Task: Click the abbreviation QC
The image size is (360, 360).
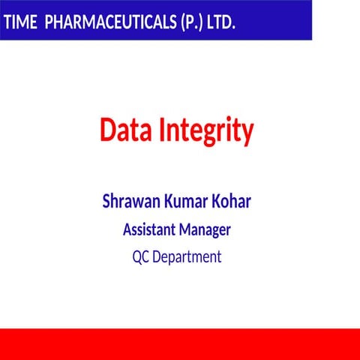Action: click(x=141, y=257)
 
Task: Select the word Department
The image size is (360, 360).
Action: click(x=187, y=258)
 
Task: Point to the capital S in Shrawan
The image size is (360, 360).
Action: click(x=106, y=202)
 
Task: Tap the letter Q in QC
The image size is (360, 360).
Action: click(x=137, y=257)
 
